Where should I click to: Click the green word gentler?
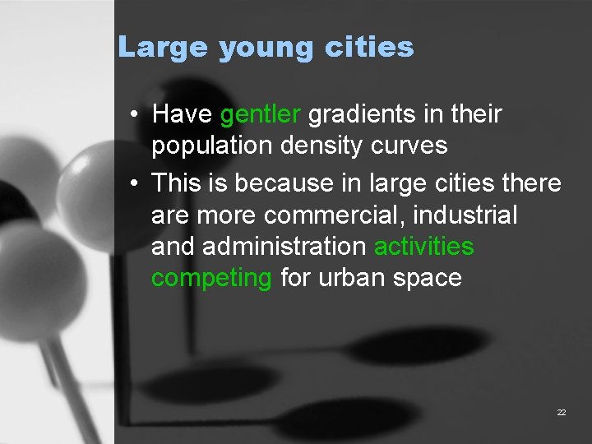pyautogui.click(x=261, y=114)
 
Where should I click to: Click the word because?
pyautogui.click(x=283, y=182)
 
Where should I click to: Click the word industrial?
pyautogui.click(x=467, y=215)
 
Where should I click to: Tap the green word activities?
pyautogui.click(x=424, y=246)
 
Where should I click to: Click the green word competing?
pyautogui.click(x=211, y=279)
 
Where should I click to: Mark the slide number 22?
pyautogui.click(x=562, y=412)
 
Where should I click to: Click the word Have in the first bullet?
pyautogui.click(x=182, y=114)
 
